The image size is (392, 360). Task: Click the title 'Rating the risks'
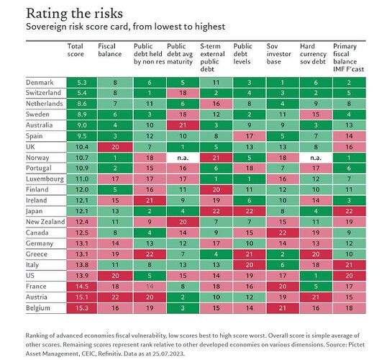coord(74,14)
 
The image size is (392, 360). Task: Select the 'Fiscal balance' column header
coord(110,50)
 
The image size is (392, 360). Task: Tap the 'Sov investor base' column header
coord(279,54)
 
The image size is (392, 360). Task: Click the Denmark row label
coord(40,83)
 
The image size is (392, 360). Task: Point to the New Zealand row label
coord(45,222)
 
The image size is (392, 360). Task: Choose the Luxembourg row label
coord(45,179)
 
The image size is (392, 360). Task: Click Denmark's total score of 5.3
coord(82,83)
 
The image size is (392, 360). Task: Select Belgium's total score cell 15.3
coord(82,308)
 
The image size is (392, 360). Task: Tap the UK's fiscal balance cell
coord(115,147)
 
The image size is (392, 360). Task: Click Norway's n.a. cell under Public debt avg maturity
coord(183,158)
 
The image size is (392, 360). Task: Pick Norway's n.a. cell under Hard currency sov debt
coord(316,158)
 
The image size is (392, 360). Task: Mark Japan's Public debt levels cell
coord(250,211)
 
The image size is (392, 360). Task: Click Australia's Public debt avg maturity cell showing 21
coord(183,125)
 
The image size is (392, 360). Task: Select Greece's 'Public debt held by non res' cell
coord(150,254)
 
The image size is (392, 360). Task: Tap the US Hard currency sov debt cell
coord(316,276)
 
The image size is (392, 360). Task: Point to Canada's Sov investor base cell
coord(283,233)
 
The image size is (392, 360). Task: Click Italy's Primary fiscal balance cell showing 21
coord(349,265)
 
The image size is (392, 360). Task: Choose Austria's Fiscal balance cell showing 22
coord(115,297)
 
